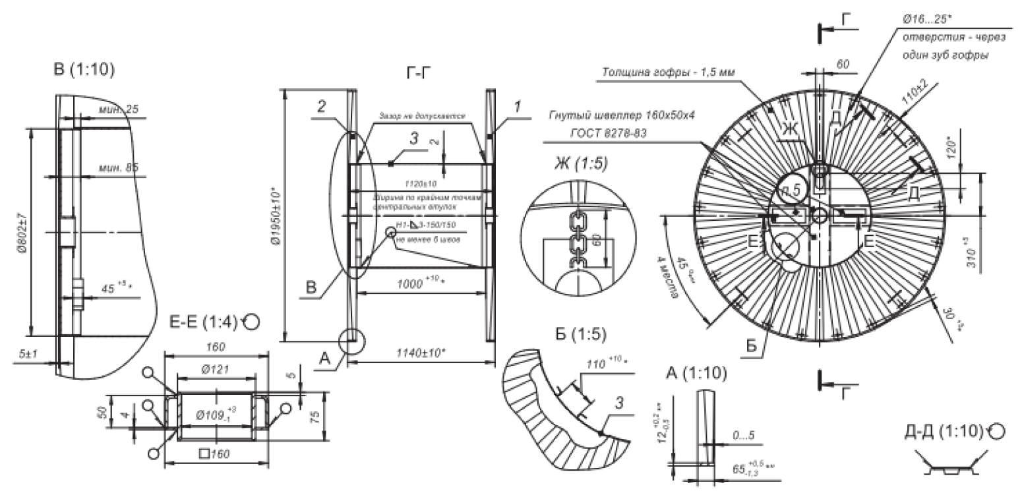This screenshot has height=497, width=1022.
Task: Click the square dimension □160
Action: coord(216,453)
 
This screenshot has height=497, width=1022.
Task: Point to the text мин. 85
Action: coord(119,167)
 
